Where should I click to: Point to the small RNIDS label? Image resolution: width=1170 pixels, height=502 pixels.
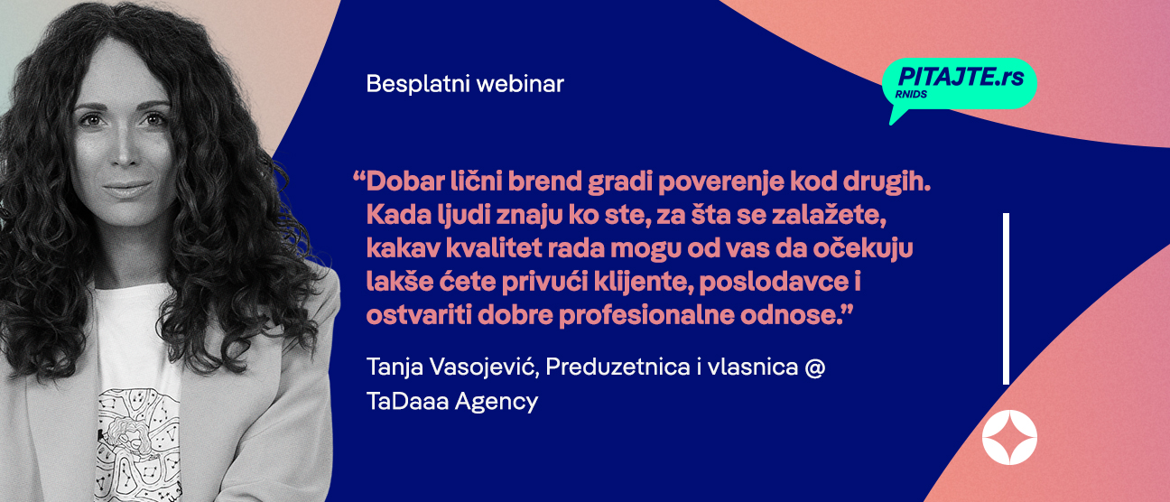911,95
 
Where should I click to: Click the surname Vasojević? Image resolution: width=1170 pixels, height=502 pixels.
484,367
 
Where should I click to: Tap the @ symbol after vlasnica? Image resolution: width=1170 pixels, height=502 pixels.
815,367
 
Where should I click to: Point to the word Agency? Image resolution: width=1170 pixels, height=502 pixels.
497,403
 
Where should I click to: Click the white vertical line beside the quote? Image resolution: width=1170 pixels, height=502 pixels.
1006,299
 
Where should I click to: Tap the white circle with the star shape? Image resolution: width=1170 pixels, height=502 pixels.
1009,438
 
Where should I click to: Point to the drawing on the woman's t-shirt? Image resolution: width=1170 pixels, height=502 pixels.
138,445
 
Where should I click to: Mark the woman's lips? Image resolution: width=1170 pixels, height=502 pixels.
126,189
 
